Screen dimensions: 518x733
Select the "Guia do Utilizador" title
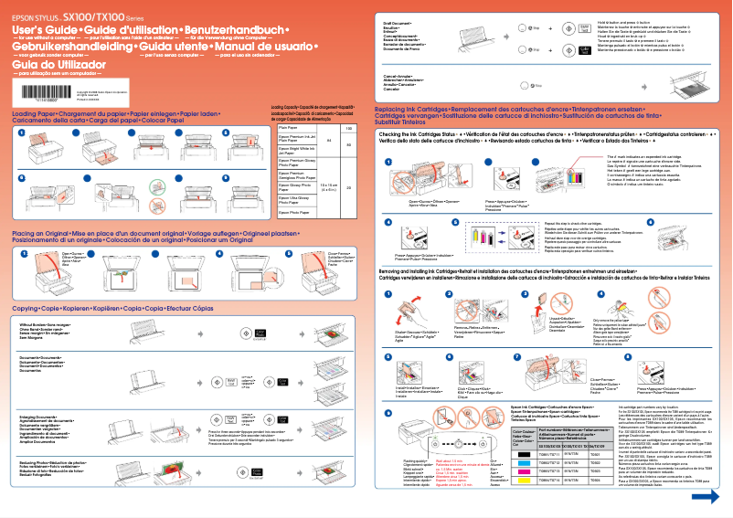click(x=48, y=65)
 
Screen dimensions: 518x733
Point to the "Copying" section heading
click(x=33, y=309)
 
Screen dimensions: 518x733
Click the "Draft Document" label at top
click(x=397, y=21)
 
